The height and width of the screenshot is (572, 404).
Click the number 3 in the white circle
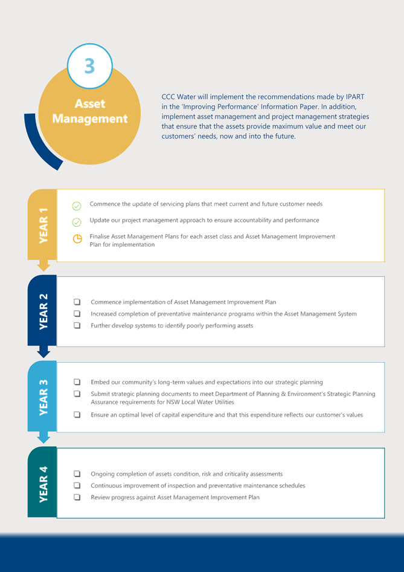89,66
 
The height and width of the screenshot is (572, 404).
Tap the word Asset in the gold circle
90,103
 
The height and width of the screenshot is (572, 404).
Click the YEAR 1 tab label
43,225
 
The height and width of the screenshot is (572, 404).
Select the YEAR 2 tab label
43,311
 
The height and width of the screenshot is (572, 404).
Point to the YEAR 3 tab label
43,397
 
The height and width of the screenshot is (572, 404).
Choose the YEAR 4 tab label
43,484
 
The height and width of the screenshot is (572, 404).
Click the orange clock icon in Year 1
77,239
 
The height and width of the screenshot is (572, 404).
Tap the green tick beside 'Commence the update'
77,206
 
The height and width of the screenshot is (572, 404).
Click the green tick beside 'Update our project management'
77,222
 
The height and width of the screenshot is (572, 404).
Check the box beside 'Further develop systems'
77,325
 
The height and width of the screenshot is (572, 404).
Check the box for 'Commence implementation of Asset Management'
77,302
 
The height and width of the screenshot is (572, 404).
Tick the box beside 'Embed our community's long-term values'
77,382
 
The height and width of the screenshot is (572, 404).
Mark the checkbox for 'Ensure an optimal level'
77,414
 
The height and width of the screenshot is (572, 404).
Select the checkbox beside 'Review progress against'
77,497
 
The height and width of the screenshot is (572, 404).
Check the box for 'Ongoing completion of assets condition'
77,473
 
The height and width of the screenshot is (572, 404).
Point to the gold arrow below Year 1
43,266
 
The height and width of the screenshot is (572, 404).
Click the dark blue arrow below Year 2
43,352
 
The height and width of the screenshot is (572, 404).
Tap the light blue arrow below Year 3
43,438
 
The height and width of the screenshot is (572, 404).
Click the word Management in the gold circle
90,119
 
